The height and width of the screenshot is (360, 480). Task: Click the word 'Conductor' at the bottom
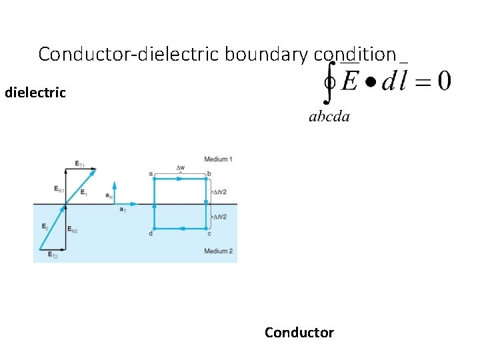coord(299,332)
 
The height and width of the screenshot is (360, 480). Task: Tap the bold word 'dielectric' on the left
coord(35,93)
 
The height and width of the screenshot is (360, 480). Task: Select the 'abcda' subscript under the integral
coord(329,117)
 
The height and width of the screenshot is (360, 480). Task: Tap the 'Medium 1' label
coord(218,159)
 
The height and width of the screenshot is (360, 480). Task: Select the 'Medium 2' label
coord(218,251)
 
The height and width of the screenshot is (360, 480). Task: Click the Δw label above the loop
coord(181,167)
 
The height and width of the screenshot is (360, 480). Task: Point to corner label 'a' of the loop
coord(151,173)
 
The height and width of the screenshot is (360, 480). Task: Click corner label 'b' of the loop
coord(209,173)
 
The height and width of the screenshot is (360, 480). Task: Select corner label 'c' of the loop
coord(209,233)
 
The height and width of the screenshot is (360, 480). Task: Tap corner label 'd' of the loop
coord(151,233)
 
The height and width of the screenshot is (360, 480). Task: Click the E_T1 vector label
coord(79,163)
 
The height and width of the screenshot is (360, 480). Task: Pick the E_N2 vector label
coord(73,230)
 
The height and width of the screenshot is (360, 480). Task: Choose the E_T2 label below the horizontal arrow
coord(52,257)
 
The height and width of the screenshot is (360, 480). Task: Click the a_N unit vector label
coord(109,195)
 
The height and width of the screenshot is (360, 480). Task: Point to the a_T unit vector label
coord(123,210)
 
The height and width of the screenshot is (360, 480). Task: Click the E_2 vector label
coord(45,227)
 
